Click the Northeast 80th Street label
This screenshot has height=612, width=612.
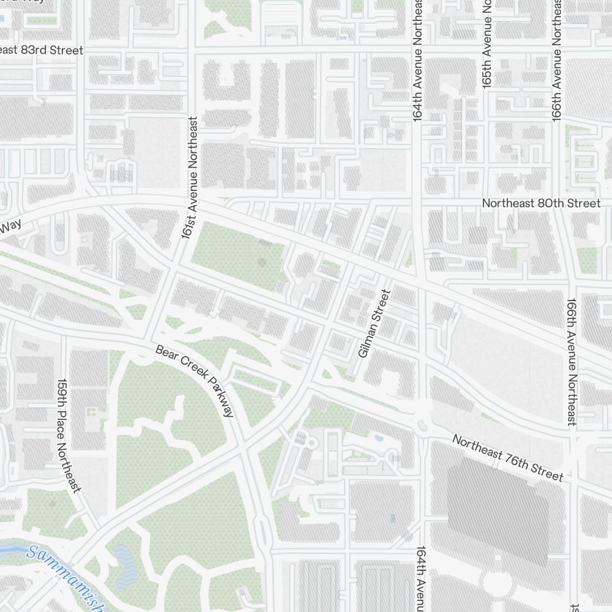coord(541,203)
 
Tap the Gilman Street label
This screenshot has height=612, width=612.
coord(374,324)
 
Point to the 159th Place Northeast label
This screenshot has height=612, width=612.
coord(69,435)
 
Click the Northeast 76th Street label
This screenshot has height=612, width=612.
coord(507,457)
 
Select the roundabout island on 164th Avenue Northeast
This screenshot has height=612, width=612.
coord(422,424)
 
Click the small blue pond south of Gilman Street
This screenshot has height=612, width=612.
coord(378,438)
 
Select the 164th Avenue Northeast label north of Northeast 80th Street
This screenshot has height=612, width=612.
coord(417,61)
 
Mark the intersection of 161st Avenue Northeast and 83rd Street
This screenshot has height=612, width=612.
coord(193,51)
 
